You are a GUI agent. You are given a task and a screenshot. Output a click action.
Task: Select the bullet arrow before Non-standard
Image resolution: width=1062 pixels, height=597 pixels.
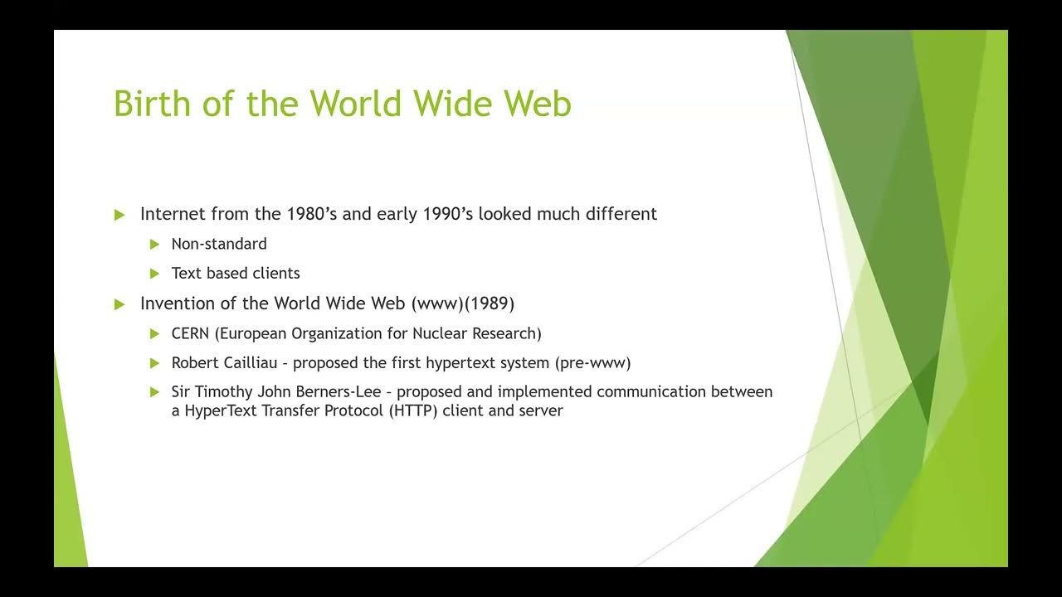point(154,244)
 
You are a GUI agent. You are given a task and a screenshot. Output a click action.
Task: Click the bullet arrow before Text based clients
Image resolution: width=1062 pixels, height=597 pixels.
point(154,273)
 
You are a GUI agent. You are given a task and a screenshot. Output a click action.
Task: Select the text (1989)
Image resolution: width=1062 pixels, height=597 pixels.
point(490,303)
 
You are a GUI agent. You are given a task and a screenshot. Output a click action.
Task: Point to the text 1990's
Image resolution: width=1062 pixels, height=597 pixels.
point(446,214)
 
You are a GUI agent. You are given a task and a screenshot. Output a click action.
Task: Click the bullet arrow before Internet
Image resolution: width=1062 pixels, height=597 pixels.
point(119,215)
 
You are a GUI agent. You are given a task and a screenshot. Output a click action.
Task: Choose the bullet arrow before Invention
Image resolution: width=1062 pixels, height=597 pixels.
point(119,304)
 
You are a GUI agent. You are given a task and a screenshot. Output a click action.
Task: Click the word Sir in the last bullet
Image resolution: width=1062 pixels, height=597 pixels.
point(181,391)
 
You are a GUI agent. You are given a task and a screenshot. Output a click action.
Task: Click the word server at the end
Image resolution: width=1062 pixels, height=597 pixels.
point(542,410)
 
